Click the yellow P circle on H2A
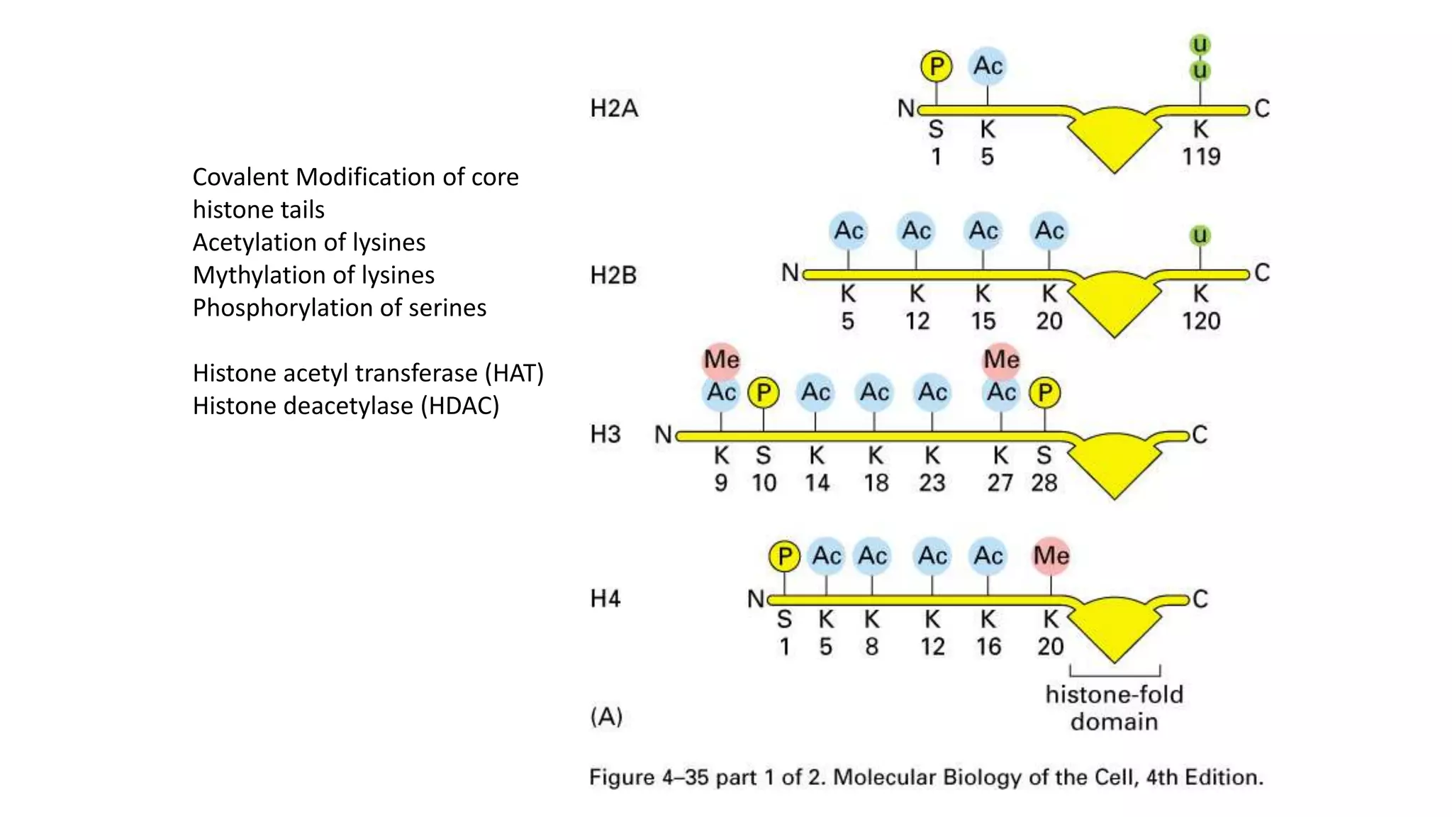[937, 66]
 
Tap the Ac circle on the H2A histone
[988, 66]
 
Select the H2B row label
[613, 274]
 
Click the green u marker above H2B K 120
[1200, 235]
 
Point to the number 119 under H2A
[1201, 156]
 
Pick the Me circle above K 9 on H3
[721, 359]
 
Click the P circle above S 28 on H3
[1045, 392]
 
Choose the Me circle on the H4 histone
[1051, 555]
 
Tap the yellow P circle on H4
[784, 556]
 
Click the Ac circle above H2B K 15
[983, 230]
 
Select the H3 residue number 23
[932, 483]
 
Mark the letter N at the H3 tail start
[663, 434]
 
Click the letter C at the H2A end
[1262, 109]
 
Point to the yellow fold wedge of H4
[1114, 628]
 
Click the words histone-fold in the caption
[1114, 694]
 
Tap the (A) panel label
[606, 716]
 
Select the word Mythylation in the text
[259, 275]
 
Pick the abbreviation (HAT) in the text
[514, 373]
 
